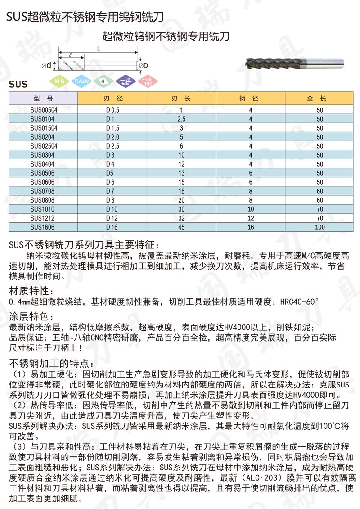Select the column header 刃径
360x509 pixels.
(x=112, y=98)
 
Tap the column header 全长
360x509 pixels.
(x=319, y=98)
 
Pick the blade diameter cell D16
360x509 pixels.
(x=112, y=227)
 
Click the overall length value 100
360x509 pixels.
(x=320, y=227)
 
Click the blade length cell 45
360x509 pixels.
(x=182, y=227)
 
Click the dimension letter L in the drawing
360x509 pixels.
(x=98, y=48)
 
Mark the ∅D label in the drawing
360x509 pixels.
(x=144, y=66)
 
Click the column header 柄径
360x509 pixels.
(x=251, y=98)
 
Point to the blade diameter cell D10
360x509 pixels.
(x=112, y=209)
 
